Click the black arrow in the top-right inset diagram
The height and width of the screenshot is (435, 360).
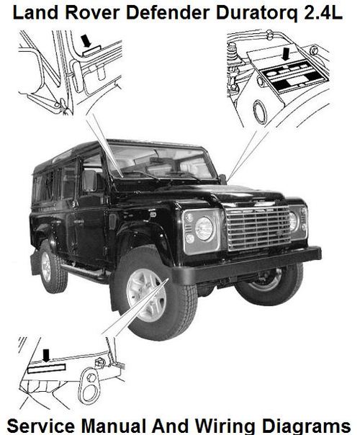(286, 54)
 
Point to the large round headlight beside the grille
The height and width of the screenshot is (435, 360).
(204, 228)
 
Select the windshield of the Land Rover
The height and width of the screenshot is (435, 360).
(158, 163)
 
